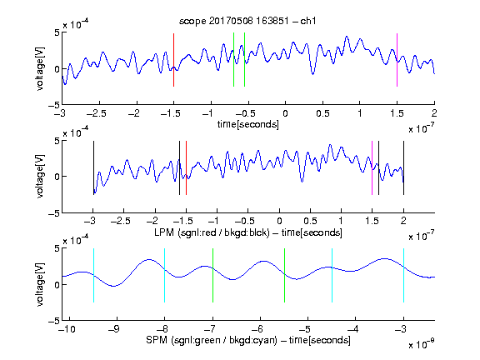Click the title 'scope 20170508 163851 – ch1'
coord(247,21)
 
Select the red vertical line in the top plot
coord(173,60)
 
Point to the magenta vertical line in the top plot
coord(397,60)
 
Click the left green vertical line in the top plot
coord(233,60)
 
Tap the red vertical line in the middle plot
coord(186,167)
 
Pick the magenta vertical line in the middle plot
coord(372,167)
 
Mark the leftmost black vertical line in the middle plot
coord(93,167)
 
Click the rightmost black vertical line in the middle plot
coord(403,167)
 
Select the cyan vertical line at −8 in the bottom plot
coord(164,276)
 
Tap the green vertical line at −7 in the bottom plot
coord(212,276)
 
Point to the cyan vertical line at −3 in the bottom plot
coord(403,276)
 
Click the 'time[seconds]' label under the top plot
coord(248,124)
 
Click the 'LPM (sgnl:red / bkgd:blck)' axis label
coord(212,232)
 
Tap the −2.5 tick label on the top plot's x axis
coord(97,113)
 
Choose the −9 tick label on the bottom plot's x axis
coord(114,329)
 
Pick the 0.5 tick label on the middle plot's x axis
coord(310,222)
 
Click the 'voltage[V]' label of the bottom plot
coord(40,285)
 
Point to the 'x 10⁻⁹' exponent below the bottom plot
coord(421,344)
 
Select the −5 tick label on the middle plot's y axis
coord(54,213)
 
